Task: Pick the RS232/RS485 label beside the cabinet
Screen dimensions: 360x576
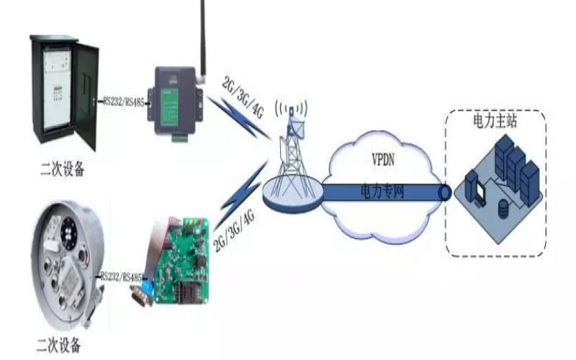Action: pyautogui.click(x=124, y=102)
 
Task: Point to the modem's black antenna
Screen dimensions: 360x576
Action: pyautogui.click(x=202, y=32)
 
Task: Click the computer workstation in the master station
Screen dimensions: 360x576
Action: pyautogui.click(x=476, y=187)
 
